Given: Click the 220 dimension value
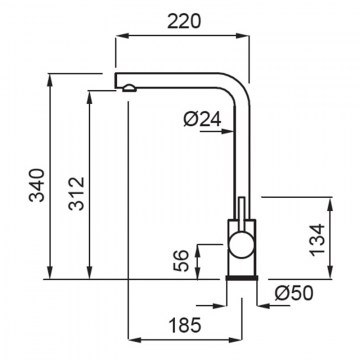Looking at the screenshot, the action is point(184,22).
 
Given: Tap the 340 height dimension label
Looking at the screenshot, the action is point(37,185).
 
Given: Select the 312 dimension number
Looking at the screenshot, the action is point(76,193).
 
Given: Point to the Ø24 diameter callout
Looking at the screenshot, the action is point(202,119).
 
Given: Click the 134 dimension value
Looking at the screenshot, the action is point(317,240).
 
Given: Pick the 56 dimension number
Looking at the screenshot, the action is point(182,261).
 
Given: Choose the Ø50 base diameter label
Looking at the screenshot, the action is point(294,293).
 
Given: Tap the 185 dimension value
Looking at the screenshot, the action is point(185,325).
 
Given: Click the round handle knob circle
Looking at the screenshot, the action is point(241,244).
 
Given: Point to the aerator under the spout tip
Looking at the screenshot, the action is point(129,88).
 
